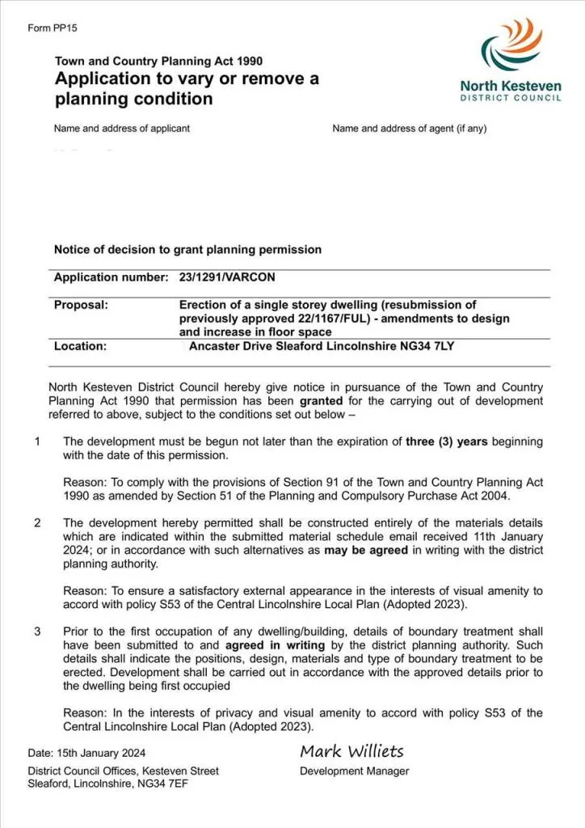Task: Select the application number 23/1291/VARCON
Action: click(227, 277)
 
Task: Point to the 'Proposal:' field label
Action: click(81, 305)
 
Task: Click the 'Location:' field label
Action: click(80, 346)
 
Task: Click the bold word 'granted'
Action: click(322, 400)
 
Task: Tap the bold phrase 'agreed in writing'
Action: click(276, 645)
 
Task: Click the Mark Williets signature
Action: click(351, 751)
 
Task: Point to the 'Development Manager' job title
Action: click(354, 771)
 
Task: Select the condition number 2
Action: click(37, 523)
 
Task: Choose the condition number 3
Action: click(37, 631)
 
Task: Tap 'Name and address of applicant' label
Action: click(122, 129)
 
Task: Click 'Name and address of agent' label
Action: click(409, 129)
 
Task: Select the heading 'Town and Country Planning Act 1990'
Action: click(158, 61)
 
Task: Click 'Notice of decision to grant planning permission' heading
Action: click(187, 250)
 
